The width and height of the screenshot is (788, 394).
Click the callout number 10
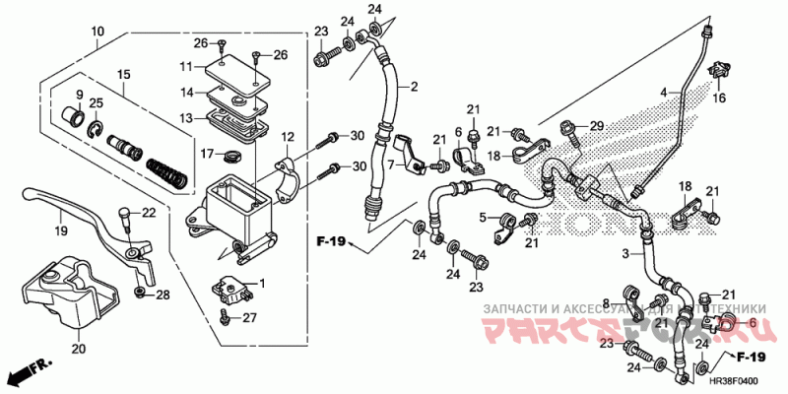98,31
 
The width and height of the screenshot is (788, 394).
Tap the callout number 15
124,74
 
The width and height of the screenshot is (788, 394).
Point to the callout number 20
79,347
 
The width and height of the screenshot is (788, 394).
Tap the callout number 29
596,126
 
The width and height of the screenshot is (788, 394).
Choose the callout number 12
288,137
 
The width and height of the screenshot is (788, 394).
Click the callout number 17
208,154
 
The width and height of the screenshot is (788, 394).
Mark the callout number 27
250,317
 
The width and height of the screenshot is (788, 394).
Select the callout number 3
624,254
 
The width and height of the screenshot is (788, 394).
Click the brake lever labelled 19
89,219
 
